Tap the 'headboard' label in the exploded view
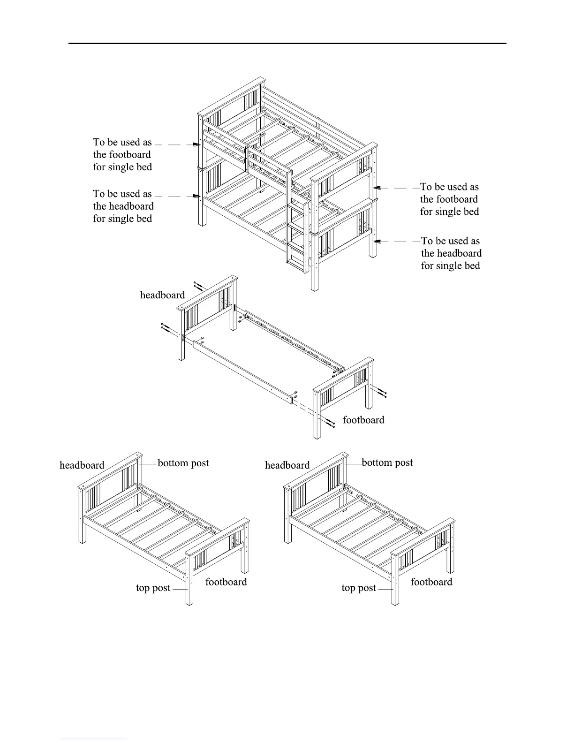(x=162, y=295)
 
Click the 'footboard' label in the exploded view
(x=363, y=420)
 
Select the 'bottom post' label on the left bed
(x=183, y=463)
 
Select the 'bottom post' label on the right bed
(x=387, y=462)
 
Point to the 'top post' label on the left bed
(x=153, y=588)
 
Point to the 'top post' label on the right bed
(x=359, y=588)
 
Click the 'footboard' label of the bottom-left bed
(x=226, y=582)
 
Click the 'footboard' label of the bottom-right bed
(x=431, y=582)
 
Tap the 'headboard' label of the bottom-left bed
(x=82, y=465)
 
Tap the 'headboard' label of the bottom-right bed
(x=287, y=465)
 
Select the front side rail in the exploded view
(x=244, y=371)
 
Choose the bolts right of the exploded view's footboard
(x=381, y=392)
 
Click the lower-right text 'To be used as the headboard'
(x=451, y=253)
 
